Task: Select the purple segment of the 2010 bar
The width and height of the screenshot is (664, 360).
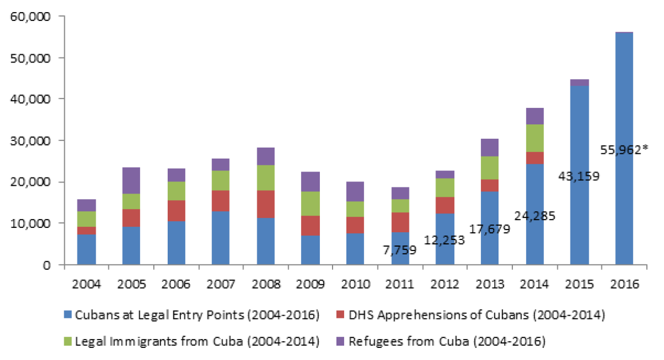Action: [355, 191]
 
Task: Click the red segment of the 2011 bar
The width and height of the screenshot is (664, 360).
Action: [400, 222]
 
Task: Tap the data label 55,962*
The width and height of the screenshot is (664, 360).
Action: [624, 149]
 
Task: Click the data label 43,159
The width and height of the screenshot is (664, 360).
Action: [579, 177]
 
